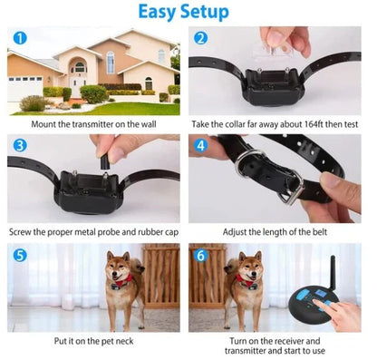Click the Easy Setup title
coord(189,12)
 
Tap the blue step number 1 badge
coord(19,38)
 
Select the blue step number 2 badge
coord(201,38)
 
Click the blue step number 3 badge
coord(19,145)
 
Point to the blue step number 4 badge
coord(201,145)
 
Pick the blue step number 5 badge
coord(19,255)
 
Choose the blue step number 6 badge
coord(201,255)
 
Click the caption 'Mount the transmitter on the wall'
coord(93,122)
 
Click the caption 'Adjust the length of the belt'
coord(276,231)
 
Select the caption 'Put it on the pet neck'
coord(93,340)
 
